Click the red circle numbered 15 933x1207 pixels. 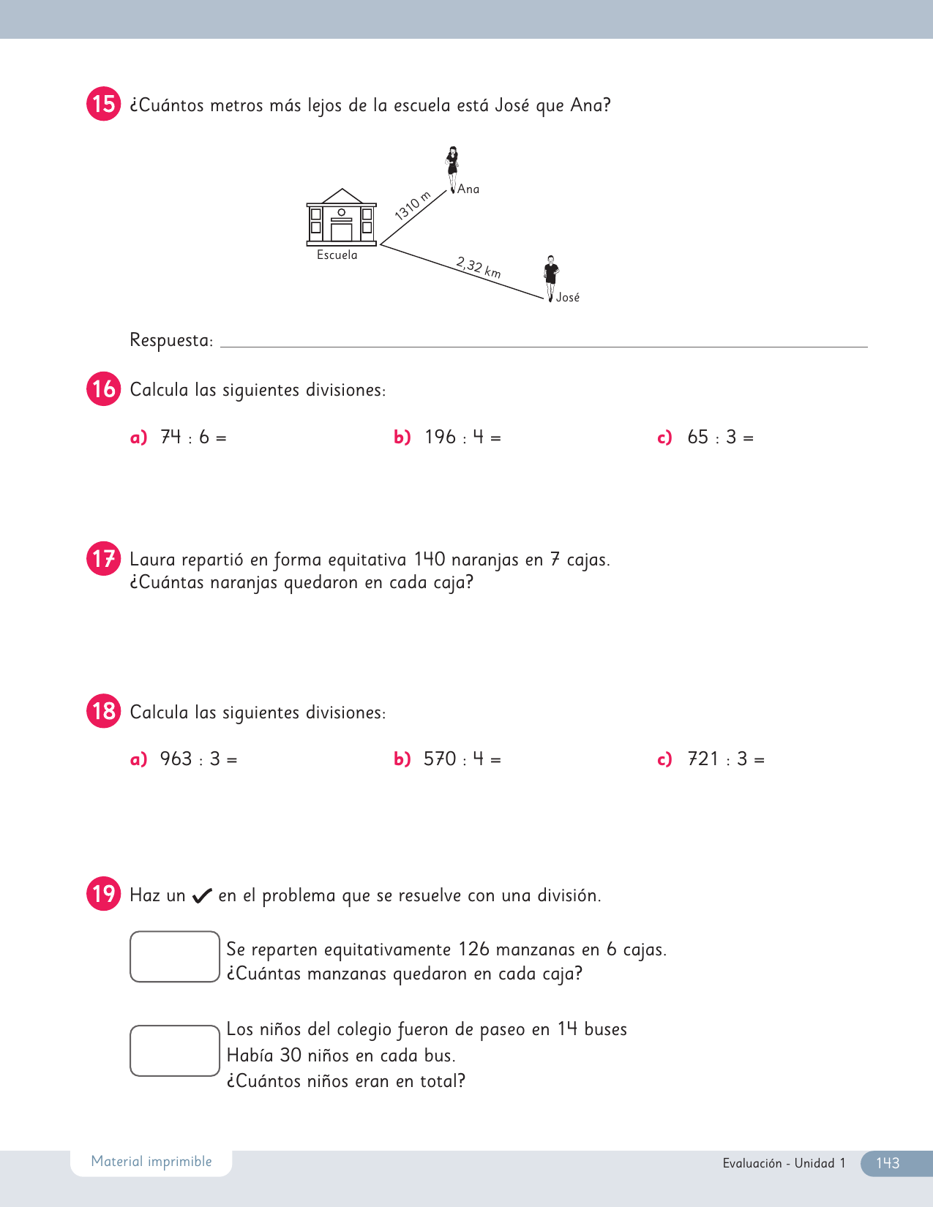103,104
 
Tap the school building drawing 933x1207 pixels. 341,218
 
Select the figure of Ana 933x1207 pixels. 453,169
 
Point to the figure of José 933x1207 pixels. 551,278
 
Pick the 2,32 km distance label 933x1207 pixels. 479,267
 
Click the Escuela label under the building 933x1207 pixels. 337,255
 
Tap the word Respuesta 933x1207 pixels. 171,340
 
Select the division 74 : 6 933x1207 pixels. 193,437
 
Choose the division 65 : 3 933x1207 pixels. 720,437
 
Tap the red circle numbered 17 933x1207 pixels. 103,559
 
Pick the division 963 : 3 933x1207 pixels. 198,759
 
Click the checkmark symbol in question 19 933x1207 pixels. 202,896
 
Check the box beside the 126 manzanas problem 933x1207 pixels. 175,957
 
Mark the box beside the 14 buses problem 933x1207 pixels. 175,1051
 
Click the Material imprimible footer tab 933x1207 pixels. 151,1162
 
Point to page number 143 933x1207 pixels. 888,1163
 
